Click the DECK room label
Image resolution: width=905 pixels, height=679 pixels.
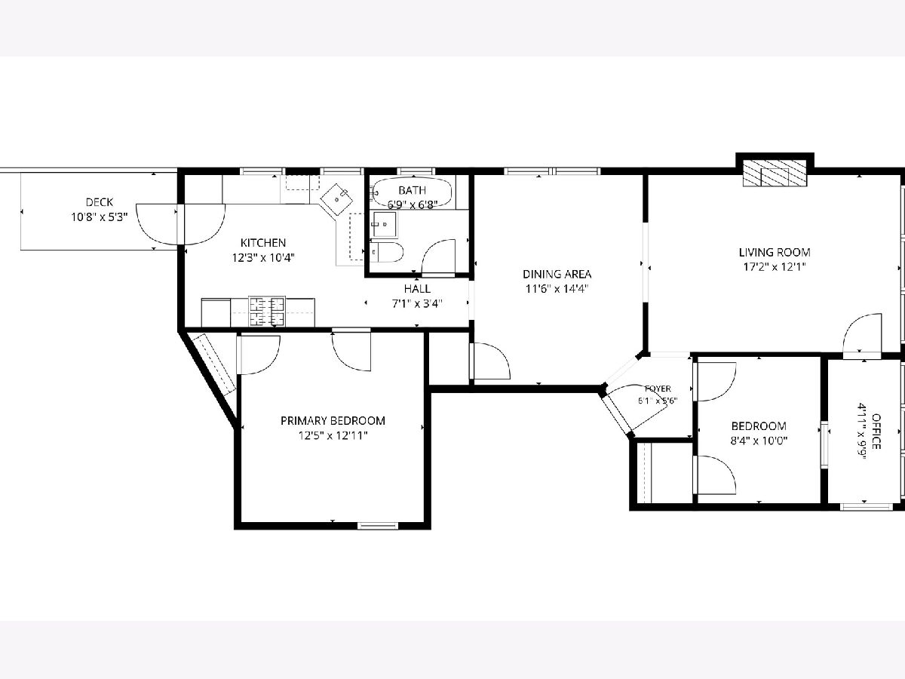(100, 202)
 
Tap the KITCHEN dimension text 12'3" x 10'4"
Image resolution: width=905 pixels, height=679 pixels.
(263, 258)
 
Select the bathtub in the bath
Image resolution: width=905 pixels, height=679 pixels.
(412, 192)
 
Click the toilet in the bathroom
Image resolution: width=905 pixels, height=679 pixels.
(387, 251)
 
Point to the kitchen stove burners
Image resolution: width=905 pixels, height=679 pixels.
(267, 312)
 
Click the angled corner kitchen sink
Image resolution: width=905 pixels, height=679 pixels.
(337, 199)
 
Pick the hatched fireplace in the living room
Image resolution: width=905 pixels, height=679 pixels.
(775, 173)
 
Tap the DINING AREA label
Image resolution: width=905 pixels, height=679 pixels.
(557, 274)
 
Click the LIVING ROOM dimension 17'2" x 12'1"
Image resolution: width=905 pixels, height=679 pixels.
(775, 267)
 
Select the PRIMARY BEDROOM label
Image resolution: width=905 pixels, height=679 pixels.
(333, 420)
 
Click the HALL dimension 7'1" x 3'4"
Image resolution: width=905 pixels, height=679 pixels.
(417, 304)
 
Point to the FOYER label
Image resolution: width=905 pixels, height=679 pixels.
(658, 389)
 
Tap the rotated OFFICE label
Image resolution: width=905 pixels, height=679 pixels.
(876, 432)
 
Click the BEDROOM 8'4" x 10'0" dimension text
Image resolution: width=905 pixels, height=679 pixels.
(759, 441)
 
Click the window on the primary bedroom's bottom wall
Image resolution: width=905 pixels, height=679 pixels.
(377, 526)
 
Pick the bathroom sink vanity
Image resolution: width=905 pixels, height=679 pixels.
(385, 224)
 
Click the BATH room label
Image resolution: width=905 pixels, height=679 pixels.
(412, 190)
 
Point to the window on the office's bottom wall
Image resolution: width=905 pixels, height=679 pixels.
(866, 507)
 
